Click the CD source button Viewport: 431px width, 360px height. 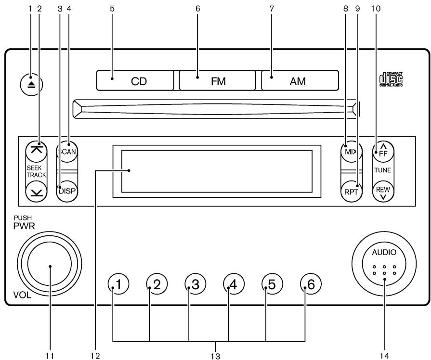click(135, 80)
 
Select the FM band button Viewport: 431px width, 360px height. click(217, 80)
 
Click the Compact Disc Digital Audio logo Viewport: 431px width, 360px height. click(391, 78)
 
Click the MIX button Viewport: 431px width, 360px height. click(350, 153)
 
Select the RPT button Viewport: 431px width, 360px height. click(350, 190)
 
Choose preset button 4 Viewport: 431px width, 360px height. click(234, 285)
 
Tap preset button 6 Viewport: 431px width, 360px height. click(311, 285)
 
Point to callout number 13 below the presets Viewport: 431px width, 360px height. click(215, 356)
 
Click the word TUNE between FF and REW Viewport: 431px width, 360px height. click(383, 171)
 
